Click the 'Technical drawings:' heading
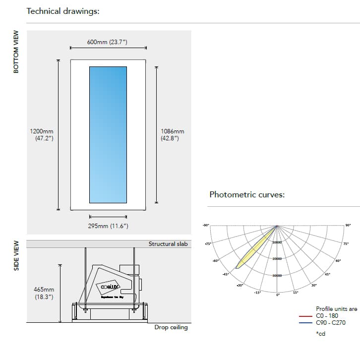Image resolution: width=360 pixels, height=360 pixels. point(63,11)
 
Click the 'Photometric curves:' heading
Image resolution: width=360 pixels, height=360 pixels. point(247,194)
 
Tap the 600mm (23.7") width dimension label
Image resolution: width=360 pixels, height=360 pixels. point(107,42)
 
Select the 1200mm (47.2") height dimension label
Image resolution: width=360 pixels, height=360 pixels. point(42,135)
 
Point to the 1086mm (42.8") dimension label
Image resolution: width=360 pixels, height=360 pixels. point(172,135)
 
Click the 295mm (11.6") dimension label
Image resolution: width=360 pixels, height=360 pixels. point(108,226)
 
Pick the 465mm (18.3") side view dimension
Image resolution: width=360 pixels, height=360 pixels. point(44,293)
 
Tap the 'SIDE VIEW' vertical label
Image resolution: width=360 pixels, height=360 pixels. point(16,256)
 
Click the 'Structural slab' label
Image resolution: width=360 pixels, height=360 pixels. point(168,244)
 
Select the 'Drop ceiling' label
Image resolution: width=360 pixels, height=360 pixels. point(171,328)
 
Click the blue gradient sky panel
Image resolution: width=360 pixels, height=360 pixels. point(108,134)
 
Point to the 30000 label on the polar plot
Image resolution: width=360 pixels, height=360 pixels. point(278,275)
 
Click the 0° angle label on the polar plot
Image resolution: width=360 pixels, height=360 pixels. point(278,296)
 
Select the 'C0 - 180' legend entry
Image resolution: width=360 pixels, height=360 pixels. point(327,315)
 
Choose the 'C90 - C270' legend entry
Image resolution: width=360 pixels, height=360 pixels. point(330,322)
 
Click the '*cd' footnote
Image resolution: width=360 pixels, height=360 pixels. point(320,334)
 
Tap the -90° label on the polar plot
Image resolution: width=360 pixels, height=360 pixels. point(205,226)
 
